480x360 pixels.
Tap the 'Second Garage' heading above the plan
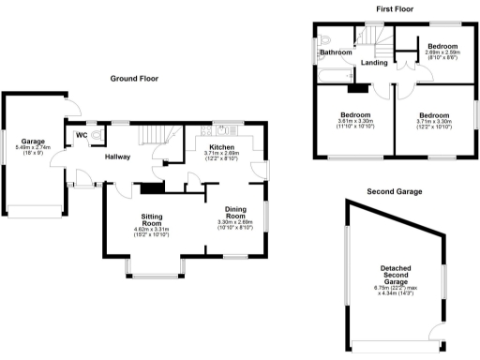(x=395, y=191)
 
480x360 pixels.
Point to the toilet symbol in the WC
(x=96, y=135)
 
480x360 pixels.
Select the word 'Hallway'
(x=118, y=157)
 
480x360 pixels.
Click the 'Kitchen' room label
(x=222, y=147)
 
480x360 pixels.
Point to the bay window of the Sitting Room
(x=156, y=273)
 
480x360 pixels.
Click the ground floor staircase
(x=157, y=140)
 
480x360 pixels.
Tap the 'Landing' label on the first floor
(x=375, y=63)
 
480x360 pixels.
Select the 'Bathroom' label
(x=335, y=52)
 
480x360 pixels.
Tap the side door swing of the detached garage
(x=434, y=330)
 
